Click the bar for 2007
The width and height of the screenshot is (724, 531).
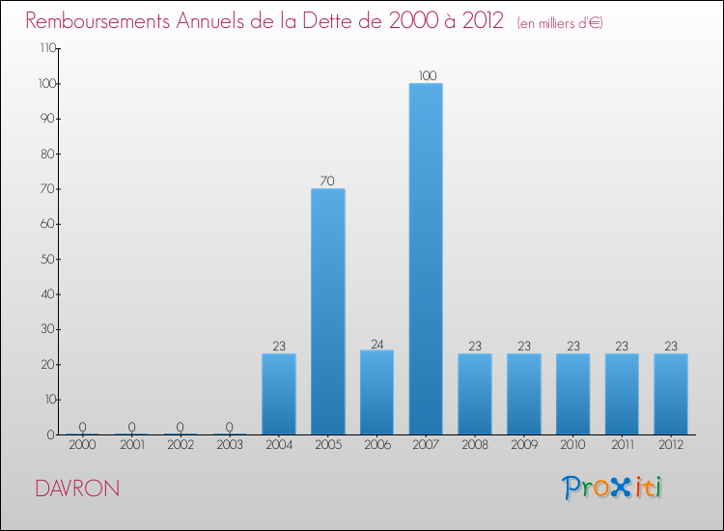tap(426, 259)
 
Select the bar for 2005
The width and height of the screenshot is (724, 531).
tap(327, 311)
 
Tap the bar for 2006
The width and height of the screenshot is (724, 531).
tap(376, 392)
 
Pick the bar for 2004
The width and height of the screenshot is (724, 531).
tap(278, 394)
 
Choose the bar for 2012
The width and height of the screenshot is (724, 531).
tap(671, 394)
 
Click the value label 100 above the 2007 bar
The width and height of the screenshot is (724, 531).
tap(426, 75)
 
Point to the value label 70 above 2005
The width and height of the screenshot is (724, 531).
tap(327, 181)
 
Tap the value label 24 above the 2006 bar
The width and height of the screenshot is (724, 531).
tap(376, 343)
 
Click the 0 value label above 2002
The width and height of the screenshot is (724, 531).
tap(181, 427)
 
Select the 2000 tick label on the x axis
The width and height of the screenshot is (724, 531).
tap(82, 446)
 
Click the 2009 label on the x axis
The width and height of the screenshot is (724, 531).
tap(524, 446)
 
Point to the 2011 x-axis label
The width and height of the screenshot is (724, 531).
tap(622, 446)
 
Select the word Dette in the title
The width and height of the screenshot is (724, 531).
tap(334, 20)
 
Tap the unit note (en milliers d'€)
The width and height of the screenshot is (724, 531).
tap(559, 22)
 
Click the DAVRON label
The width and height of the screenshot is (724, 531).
tap(76, 489)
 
